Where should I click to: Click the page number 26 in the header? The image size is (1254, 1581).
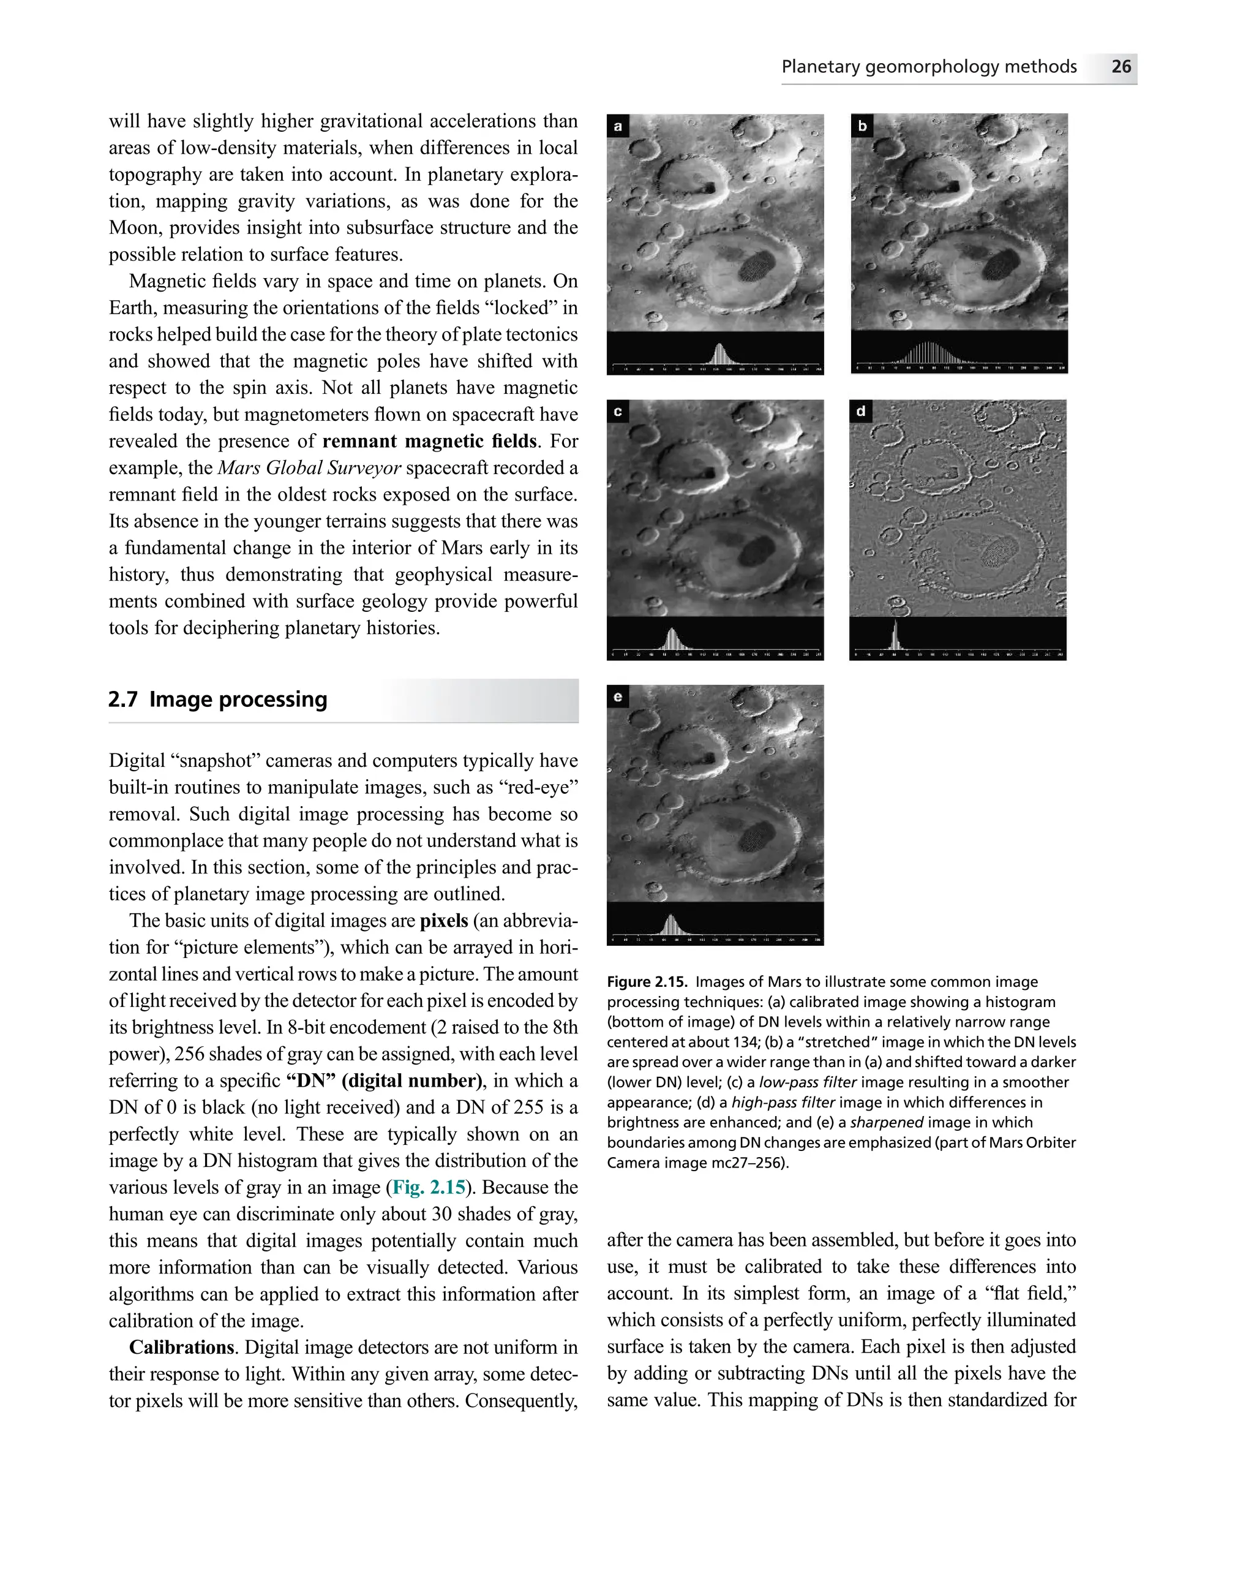click(1121, 67)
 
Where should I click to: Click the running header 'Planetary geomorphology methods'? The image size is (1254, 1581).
click(929, 67)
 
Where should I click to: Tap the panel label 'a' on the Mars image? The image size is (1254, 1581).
click(618, 126)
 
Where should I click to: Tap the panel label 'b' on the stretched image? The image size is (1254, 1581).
click(862, 126)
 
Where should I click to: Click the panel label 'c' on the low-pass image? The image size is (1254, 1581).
click(618, 412)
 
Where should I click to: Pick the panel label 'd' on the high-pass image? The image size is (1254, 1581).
click(860, 412)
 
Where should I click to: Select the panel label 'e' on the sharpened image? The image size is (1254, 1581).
click(618, 696)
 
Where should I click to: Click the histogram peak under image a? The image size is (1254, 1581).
click(719, 353)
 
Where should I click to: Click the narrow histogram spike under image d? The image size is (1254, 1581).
click(895, 636)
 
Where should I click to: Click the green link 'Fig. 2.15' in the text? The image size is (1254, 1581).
click(429, 1187)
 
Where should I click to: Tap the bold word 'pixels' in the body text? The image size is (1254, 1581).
click(443, 920)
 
